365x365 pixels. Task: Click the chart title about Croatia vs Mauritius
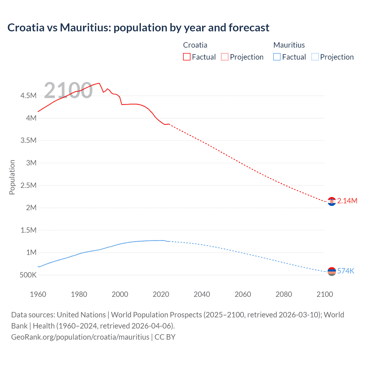click(138, 28)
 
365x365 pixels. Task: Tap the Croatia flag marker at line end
click(332, 201)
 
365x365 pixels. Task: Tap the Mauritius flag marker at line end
click(332, 271)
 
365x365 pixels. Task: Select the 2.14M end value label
click(347, 201)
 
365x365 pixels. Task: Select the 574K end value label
click(346, 271)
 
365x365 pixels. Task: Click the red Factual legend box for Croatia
click(186, 57)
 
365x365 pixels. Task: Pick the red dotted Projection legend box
click(225, 57)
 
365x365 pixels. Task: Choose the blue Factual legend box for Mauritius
click(277, 57)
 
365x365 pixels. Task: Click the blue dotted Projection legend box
click(315, 57)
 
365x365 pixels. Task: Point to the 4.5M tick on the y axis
click(28, 96)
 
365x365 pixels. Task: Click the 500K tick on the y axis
click(28, 275)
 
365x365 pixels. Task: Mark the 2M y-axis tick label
click(31, 208)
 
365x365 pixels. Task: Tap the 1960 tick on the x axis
click(38, 294)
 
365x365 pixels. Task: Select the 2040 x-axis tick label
click(202, 294)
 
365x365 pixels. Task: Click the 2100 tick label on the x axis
click(325, 294)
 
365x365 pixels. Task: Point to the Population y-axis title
click(12, 177)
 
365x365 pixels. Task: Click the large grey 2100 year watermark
click(68, 90)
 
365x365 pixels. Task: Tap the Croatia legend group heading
click(195, 45)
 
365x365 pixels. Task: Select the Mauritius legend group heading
click(289, 45)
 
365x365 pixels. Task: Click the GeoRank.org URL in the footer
click(80, 337)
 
